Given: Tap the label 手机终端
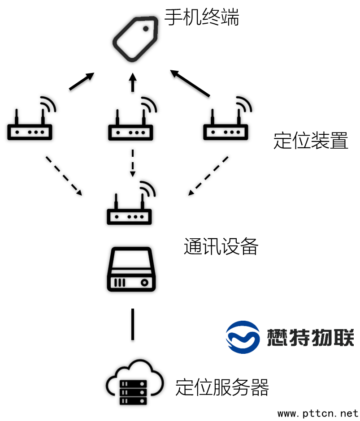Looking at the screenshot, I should [x=202, y=18].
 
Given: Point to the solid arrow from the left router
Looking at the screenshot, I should [x=82, y=81].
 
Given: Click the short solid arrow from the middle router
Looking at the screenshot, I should [x=132, y=83].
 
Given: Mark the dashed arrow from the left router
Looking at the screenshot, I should [x=64, y=176].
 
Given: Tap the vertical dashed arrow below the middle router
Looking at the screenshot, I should [x=132, y=163].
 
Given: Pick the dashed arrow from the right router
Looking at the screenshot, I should [x=208, y=176].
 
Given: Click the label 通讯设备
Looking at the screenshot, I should [x=221, y=246].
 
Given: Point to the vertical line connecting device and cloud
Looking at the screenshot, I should [x=132, y=324].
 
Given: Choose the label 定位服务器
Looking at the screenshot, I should [x=222, y=387].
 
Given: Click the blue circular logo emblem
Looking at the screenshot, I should [x=243, y=337].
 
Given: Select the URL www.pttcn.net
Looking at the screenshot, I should [x=318, y=412].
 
